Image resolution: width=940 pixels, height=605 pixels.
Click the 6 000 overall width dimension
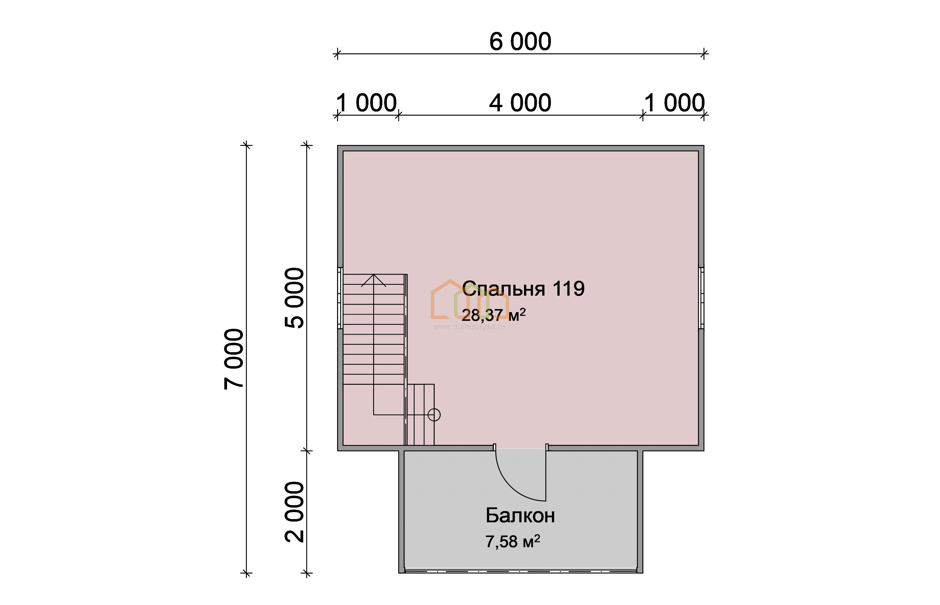point(520,41)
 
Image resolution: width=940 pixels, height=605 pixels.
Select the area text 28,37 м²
point(494,314)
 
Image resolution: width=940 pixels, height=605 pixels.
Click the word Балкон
point(520,515)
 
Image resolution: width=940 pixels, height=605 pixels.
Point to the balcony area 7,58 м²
point(513,541)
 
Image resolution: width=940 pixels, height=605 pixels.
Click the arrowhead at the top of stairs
point(373,280)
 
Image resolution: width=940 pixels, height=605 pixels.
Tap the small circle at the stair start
point(434,415)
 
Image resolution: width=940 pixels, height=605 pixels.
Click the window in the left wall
point(340,298)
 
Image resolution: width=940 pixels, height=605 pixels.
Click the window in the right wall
point(701,298)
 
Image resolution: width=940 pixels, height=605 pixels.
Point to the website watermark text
point(469,327)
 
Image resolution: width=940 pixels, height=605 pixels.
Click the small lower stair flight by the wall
point(420,415)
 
